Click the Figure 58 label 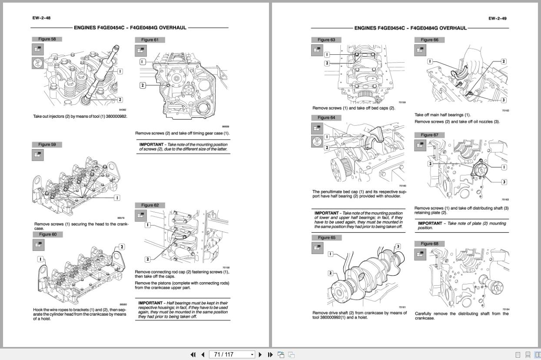coord(47,39)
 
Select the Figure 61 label coord(150,40)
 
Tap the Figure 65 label coord(326,238)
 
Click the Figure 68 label coord(429,243)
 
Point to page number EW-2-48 coord(41,18)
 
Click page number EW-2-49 coord(497,18)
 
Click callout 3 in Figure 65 coord(398,247)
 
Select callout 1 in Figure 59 coord(116,198)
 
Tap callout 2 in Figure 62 coord(148,259)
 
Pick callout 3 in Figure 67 coord(504,182)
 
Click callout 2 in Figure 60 coord(122,247)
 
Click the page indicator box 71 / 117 coord(232,354)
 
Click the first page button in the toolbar coord(193,354)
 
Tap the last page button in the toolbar coord(270,354)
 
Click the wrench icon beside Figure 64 coord(317,141)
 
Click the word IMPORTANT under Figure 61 coord(151,144)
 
